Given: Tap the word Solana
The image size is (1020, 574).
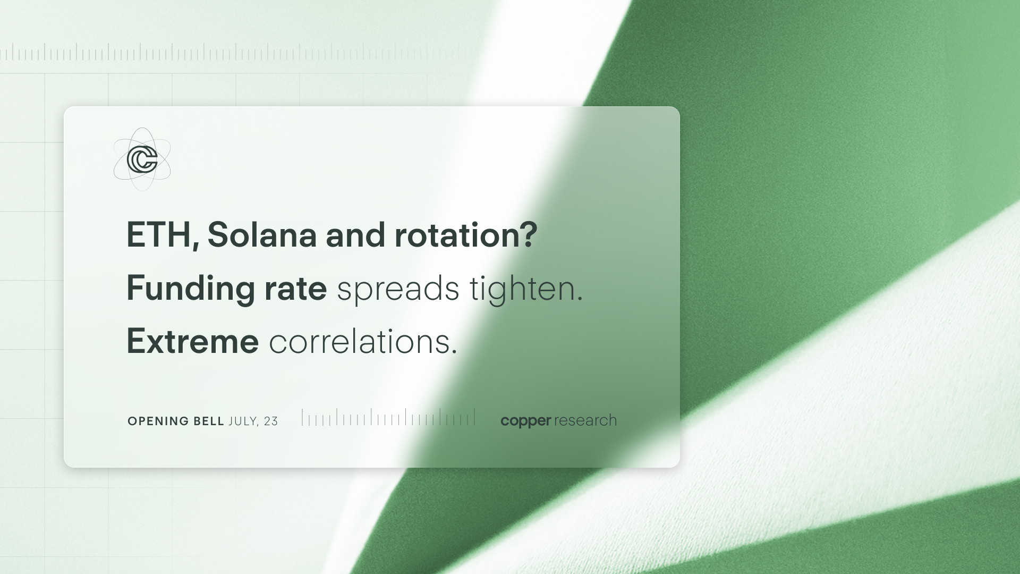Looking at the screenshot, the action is (x=262, y=234).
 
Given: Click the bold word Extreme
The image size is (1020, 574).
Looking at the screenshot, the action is (x=192, y=341).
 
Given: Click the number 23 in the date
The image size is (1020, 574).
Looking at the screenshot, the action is (x=270, y=421).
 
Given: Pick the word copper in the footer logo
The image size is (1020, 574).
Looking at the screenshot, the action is (x=526, y=421).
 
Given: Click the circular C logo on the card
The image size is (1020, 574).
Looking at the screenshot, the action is (x=142, y=159).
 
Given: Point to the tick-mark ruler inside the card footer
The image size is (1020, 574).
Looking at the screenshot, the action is (x=388, y=417).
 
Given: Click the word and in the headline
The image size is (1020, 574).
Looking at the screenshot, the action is (x=355, y=234).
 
